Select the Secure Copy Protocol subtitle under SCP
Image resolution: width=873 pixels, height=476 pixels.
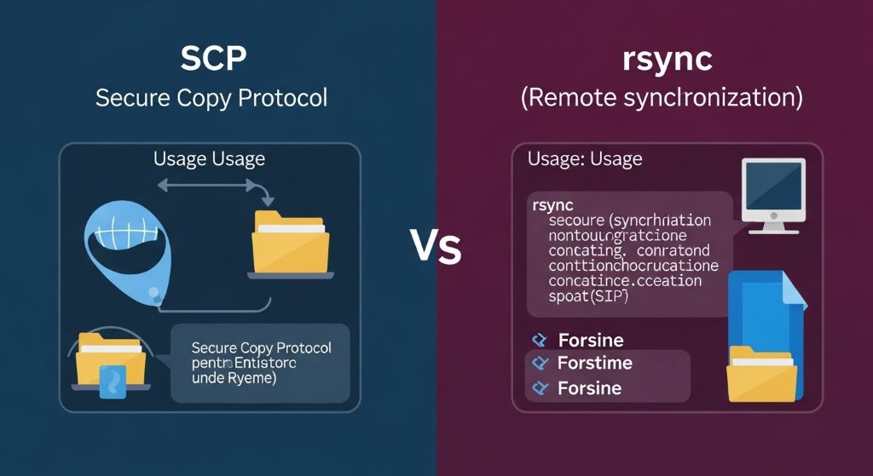pyautogui.click(x=211, y=97)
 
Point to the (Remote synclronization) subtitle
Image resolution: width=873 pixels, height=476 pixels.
pyautogui.click(x=661, y=97)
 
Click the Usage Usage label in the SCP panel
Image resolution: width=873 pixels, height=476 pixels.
pyautogui.click(x=209, y=158)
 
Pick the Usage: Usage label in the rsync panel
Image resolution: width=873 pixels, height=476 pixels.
pyautogui.click(x=585, y=158)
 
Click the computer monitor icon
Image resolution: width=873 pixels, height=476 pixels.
pyautogui.click(x=774, y=195)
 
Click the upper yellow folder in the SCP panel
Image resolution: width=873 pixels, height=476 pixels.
pyautogui.click(x=291, y=243)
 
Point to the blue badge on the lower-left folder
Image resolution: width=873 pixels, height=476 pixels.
pyautogui.click(x=113, y=381)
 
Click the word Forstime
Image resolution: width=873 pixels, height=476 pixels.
pyautogui.click(x=594, y=364)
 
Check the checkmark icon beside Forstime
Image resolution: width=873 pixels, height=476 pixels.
pyautogui.click(x=538, y=364)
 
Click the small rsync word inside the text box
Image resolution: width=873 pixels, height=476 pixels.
pyautogui.click(x=552, y=204)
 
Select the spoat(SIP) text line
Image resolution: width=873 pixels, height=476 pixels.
pyautogui.click(x=587, y=296)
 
